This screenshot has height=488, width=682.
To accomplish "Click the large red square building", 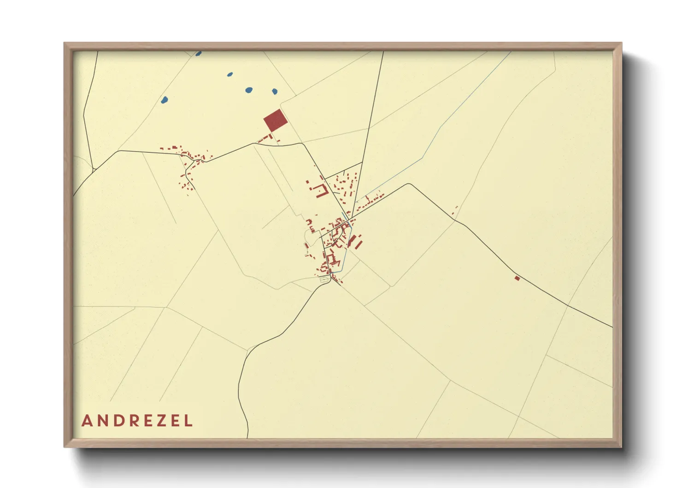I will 275,120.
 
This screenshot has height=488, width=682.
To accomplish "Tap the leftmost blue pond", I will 164,99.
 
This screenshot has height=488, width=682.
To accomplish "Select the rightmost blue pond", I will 275,91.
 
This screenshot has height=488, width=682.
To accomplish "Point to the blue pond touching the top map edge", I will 198,54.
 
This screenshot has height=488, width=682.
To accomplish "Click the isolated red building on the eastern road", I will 517,278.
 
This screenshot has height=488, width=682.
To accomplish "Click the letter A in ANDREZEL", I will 87,421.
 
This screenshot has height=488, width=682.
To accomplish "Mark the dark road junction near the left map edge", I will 94,170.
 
